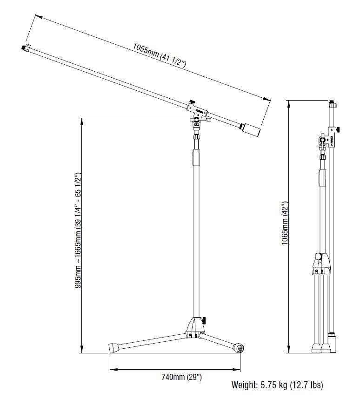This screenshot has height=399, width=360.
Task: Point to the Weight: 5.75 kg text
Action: click(277, 385)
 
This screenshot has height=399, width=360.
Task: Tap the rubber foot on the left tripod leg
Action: click(113, 347)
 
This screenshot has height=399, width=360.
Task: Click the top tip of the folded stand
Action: click(331, 103)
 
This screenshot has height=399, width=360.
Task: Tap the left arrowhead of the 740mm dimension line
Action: click(112, 370)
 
